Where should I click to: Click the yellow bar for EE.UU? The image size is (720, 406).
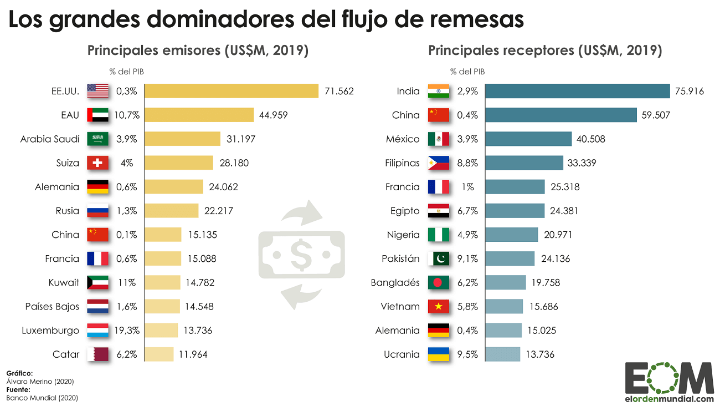[x=232, y=91]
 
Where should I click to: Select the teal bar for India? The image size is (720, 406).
[x=578, y=91]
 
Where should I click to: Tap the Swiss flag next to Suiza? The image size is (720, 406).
[x=97, y=163]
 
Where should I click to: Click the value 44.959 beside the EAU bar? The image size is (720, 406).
[x=273, y=115]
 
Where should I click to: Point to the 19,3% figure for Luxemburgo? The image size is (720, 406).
[x=127, y=331]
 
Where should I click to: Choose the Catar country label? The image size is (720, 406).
[x=66, y=354]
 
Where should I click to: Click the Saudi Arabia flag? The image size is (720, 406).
[x=97, y=139]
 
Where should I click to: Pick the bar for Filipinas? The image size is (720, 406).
[x=524, y=163]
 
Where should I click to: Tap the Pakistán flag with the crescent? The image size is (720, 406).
[x=439, y=258]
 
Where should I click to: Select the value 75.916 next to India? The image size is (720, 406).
[x=690, y=91]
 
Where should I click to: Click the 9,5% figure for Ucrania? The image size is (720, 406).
[x=467, y=354]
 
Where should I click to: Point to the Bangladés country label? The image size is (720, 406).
[x=395, y=282]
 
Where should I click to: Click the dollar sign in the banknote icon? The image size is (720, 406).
[x=301, y=255]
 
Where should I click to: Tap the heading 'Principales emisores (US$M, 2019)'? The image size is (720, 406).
[x=198, y=50]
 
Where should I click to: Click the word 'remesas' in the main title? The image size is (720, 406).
[x=477, y=19]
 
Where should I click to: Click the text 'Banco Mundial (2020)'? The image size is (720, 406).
[x=42, y=398]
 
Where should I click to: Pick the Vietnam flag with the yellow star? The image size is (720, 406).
[x=439, y=307]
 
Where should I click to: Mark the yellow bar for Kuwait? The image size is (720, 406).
[x=162, y=282]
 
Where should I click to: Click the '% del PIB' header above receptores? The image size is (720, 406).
[x=467, y=72]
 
